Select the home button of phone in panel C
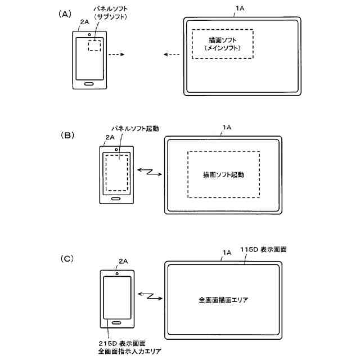116,322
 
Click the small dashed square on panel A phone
94,46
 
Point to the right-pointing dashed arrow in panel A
116,55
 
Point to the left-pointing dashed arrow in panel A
172,55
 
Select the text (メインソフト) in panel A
223,49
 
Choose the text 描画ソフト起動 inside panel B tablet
223,175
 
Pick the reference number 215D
106,343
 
